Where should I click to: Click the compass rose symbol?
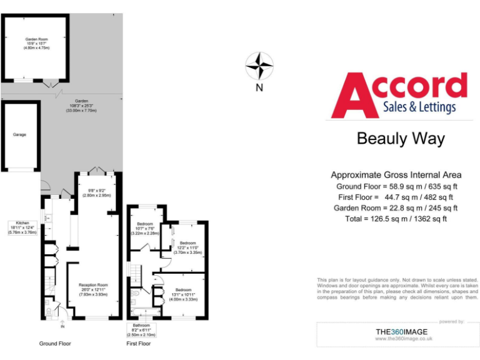[259, 66]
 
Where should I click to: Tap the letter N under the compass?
[259, 88]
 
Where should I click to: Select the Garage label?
[20, 134]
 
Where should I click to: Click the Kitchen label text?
[22, 227]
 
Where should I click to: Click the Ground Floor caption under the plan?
[56, 344]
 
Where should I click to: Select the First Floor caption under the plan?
[139, 344]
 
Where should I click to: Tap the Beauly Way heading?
[401, 138]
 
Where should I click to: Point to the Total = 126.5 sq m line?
[396, 219]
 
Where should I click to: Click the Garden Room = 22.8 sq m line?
[396, 208]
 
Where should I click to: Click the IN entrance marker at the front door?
[62, 327]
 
